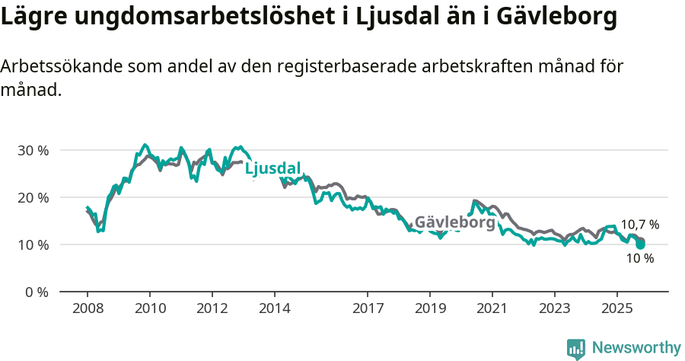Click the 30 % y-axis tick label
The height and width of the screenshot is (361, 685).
pos(33,150)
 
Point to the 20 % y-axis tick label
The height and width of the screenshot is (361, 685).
pos(33,197)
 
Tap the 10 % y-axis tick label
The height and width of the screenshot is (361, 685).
pos(33,244)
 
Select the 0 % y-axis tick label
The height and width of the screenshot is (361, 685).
pos(36,292)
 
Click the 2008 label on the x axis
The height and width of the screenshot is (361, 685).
pos(88,309)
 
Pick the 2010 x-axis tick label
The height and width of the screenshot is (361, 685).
pos(150,309)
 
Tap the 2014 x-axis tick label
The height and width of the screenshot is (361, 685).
pos(274,309)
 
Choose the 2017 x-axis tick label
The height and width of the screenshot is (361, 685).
pos(368,309)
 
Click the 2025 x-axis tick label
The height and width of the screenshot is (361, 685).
pos(616,309)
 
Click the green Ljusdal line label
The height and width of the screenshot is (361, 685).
pos(272,168)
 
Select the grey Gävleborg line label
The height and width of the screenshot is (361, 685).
pos(454,222)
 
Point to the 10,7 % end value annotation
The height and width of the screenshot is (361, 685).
pos(639,225)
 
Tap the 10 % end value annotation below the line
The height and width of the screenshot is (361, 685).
pos(639,258)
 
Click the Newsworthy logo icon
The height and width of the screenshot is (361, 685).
pos(576,348)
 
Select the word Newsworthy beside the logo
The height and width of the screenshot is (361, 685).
pos(636,348)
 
